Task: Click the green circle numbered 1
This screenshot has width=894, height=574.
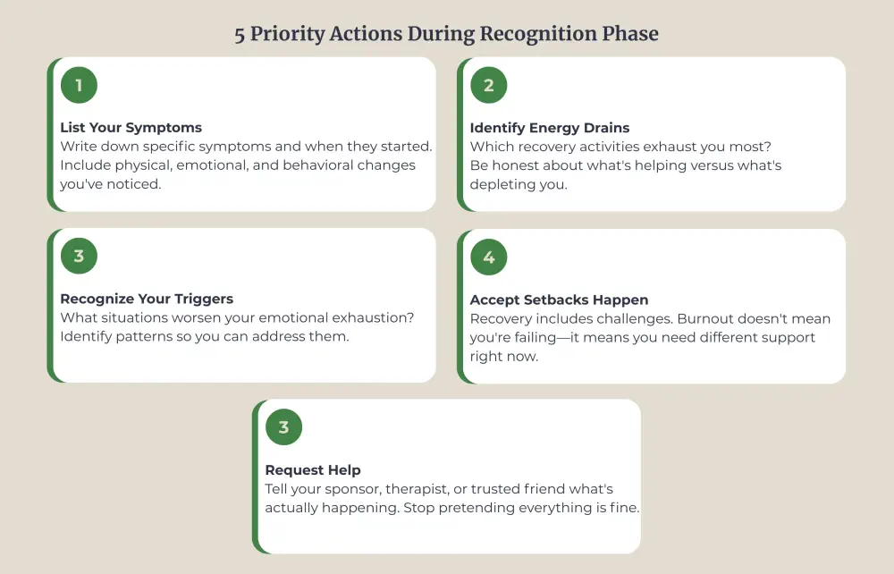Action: pos(79,86)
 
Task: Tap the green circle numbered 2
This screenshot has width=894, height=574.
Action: pos(489,86)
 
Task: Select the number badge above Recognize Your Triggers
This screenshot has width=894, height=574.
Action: pos(79,257)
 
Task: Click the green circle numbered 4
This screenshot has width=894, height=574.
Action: pos(489,257)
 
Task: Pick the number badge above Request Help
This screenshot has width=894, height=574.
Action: pos(284,427)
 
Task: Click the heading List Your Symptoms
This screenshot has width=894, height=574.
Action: pos(131,128)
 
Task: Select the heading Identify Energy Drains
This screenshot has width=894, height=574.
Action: pos(550,128)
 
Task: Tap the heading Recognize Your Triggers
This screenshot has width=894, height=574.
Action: pos(148,300)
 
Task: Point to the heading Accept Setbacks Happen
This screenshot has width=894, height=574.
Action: pos(559,300)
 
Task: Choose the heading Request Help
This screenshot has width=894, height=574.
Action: pos(313,469)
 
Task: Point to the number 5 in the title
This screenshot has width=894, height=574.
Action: pos(240,34)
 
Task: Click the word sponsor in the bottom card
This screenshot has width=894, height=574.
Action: pos(352,489)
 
